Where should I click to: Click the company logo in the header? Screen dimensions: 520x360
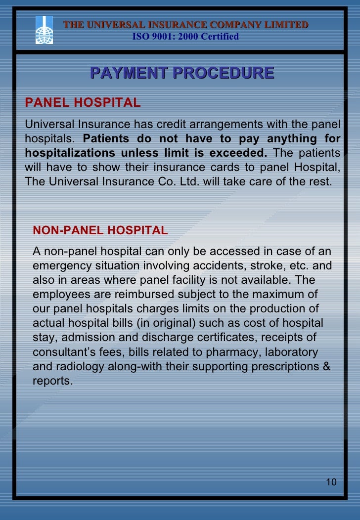coord(44,30)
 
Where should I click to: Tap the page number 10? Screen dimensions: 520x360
coord(331,482)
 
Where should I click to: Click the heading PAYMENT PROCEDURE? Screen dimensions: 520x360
coord(182,73)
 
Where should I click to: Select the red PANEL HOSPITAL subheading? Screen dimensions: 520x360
coord(83,102)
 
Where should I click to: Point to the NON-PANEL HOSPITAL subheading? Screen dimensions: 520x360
coord(100,230)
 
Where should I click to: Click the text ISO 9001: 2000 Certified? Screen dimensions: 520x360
coord(186,37)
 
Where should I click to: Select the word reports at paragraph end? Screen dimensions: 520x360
coord(51,381)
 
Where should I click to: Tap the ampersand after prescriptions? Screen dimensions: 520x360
coord(327,367)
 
